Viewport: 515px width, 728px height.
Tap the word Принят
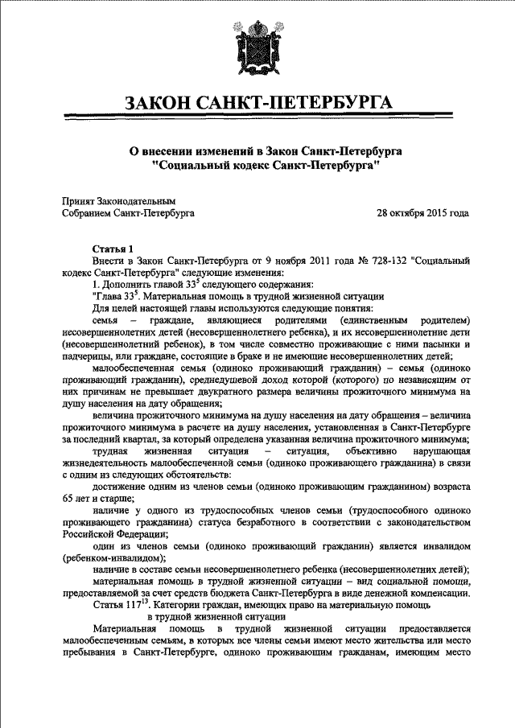(x=79, y=201)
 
